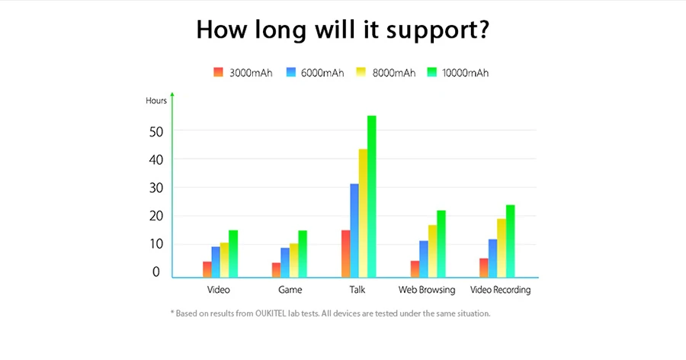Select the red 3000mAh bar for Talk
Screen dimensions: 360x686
click(x=346, y=253)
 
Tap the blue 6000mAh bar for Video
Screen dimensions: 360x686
click(x=216, y=262)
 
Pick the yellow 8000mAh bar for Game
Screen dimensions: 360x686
click(x=293, y=260)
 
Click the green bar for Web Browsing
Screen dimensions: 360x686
click(x=441, y=243)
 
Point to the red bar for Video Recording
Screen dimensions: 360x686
click(x=484, y=268)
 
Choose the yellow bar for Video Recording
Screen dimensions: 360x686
click(x=502, y=248)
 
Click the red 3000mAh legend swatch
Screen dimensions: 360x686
click(x=218, y=72)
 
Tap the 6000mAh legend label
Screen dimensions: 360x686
click(x=322, y=73)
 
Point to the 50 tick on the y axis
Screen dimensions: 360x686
click(x=157, y=130)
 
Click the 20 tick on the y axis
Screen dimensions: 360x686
click(x=157, y=216)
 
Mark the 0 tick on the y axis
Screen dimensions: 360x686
click(x=156, y=272)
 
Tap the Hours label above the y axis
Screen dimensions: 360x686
click(x=156, y=101)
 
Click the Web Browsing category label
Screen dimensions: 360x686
click(x=427, y=290)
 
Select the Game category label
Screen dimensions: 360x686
click(x=290, y=290)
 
